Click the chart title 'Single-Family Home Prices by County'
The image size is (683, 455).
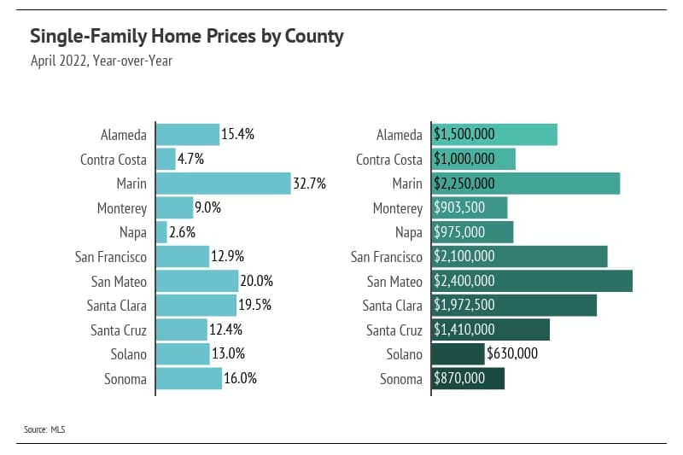click(x=186, y=37)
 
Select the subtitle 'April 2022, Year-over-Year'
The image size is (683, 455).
click(x=102, y=61)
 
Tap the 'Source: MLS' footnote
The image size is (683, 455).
click(x=44, y=429)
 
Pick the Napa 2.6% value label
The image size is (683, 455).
click(x=183, y=232)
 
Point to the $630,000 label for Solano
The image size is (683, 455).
click(x=512, y=354)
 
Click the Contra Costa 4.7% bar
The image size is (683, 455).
click(x=166, y=159)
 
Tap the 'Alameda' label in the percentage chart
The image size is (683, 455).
click(x=124, y=135)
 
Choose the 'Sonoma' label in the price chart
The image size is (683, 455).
click(x=401, y=379)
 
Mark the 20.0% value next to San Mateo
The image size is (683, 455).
click(x=254, y=281)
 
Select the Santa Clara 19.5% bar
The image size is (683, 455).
click(x=196, y=306)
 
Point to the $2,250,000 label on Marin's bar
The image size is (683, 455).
click(x=464, y=184)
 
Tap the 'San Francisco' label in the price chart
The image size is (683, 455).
click(x=387, y=257)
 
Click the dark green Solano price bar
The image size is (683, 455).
click(x=458, y=354)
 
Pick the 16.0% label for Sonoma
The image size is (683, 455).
click(x=240, y=379)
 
